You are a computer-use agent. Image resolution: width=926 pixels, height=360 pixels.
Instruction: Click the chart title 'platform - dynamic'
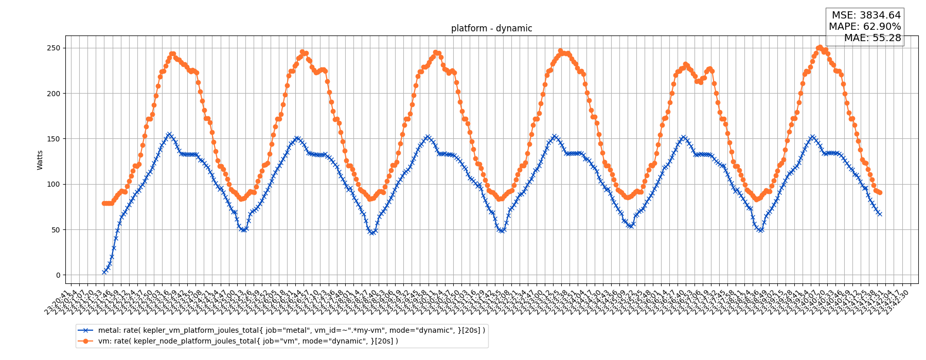click(491, 28)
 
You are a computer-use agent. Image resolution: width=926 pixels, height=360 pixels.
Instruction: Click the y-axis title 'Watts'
click(40, 160)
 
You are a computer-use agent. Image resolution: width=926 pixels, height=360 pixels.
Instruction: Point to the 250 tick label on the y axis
click(54, 48)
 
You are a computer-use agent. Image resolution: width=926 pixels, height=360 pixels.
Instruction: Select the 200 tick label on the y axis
click(54, 94)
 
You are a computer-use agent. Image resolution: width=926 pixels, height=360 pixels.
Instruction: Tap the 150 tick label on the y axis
click(54, 139)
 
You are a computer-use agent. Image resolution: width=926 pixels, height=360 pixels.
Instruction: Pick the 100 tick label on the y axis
click(54, 184)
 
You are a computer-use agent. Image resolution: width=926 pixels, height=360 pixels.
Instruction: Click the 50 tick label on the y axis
click(56, 230)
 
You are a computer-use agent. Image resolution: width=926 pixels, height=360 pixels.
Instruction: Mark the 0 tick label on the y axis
click(58, 275)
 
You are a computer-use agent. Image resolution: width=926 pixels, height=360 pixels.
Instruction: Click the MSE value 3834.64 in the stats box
click(880, 15)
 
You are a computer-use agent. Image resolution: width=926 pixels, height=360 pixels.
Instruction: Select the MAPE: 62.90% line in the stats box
click(865, 27)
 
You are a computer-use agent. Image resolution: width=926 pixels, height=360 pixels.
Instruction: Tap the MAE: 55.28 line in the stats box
click(872, 38)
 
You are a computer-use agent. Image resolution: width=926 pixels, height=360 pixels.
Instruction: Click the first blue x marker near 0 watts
click(104, 272)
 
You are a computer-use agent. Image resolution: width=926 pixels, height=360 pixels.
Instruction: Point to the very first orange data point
click(104, 203)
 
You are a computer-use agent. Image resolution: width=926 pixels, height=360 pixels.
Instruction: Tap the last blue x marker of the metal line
click(880, 214)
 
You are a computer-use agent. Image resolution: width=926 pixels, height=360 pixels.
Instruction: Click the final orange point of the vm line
click(880, 193)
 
